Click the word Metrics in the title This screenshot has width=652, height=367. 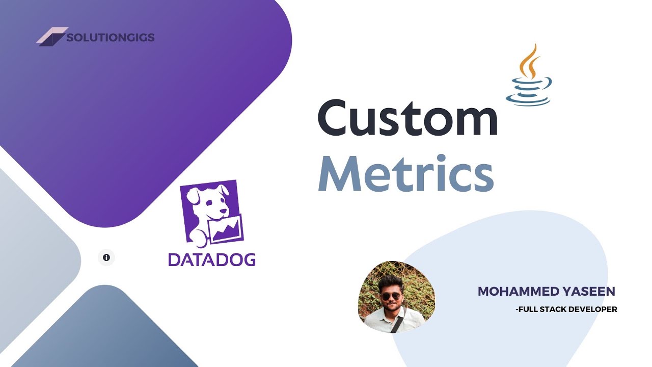click(x=406, y=173)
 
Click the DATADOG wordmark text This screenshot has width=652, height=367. click(x=212, y=259)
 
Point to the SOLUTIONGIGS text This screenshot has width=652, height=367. click(x=110, y=37)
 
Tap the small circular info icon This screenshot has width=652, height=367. click(x=106, y=257)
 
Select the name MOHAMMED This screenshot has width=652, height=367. click(x=514, y=292)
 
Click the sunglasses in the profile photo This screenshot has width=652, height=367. click(x=391, y=296)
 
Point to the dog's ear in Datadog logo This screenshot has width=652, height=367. click(x=194, y=196)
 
